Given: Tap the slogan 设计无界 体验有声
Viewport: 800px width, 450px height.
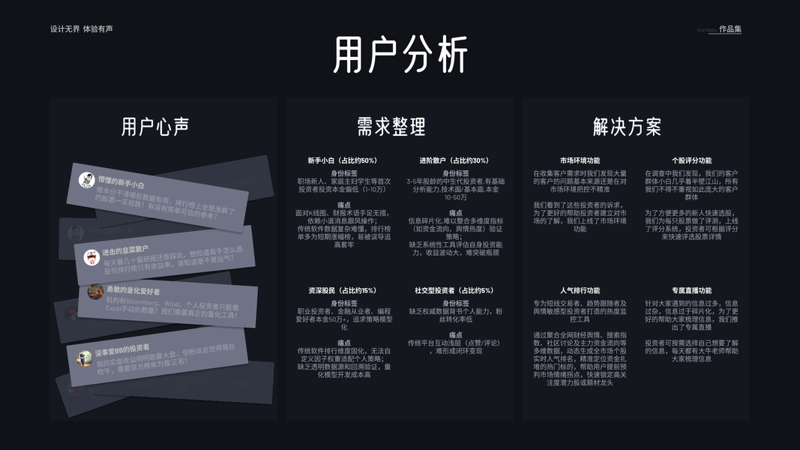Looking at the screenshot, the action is point(82,29).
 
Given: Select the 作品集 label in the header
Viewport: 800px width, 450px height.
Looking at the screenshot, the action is point(730,29).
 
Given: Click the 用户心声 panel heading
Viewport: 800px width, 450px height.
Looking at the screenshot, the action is point(155,127).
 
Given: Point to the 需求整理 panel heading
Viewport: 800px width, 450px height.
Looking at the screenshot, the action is point(391,127).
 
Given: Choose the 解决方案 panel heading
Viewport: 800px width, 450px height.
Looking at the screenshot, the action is point(627,127).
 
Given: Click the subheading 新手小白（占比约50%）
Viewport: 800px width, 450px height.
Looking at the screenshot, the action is point(342,160).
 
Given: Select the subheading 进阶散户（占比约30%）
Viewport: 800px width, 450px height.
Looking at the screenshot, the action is point(454,160).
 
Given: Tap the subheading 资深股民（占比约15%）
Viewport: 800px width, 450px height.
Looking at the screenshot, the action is point(342,290).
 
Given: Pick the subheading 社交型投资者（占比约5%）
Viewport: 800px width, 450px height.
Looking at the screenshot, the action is point(454,290).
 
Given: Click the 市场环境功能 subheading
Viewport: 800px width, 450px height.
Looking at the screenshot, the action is point(580,160).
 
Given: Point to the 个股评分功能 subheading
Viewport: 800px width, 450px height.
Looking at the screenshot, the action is point(691,160).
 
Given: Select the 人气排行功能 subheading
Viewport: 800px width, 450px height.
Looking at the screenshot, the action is point(580,290).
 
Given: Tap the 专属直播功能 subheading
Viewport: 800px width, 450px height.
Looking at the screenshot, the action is point(691,290).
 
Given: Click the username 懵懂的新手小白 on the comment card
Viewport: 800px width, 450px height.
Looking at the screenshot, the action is point(121,182).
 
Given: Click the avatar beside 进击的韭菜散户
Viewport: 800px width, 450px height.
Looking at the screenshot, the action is point(91,257).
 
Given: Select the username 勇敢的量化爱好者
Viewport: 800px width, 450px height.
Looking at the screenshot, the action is point(132,290).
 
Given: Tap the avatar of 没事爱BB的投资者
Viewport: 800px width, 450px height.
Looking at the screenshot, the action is point(85,359).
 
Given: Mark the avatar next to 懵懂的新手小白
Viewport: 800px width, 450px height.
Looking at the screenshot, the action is point(87,180).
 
